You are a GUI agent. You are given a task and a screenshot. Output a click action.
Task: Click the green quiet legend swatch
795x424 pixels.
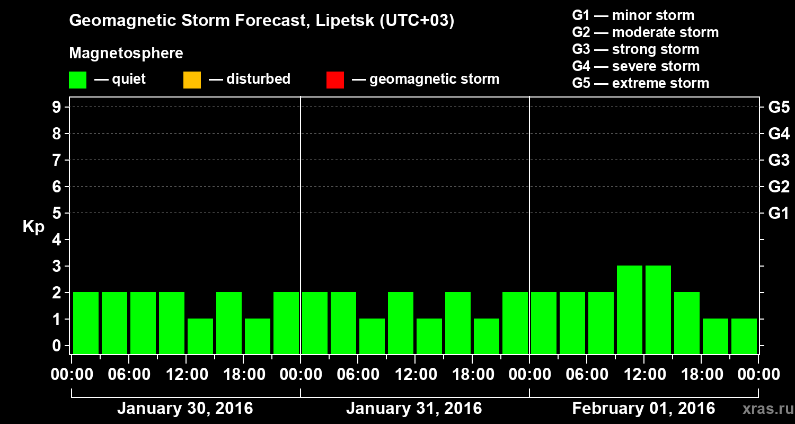(x=77, y=80)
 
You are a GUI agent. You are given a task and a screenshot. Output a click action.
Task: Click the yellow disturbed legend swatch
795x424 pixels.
(x=192, y=80)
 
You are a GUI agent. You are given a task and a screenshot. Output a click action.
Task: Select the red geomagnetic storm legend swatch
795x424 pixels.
(x=335, y=80)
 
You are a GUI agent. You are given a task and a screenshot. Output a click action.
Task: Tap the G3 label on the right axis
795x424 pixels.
(x=779, y=160)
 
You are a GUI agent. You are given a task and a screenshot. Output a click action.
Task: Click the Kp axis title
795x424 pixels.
(x=33, y=227)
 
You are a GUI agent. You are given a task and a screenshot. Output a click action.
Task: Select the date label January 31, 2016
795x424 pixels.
(x=414, y=409)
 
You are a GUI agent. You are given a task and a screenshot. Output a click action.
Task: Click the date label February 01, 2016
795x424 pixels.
(x=643, y=409)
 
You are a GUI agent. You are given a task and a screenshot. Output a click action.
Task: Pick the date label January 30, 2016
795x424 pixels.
(x=185, y=409)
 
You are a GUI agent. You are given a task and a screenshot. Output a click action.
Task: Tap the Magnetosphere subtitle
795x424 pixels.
(x=126, y=54)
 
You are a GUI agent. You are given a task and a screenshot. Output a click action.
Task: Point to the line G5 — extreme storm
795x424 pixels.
(x=640, y=83)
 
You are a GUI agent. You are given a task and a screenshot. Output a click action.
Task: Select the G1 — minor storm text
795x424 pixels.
(x=633, y=15)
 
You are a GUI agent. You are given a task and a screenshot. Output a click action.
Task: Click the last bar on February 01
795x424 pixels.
(x=744, y=336)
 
